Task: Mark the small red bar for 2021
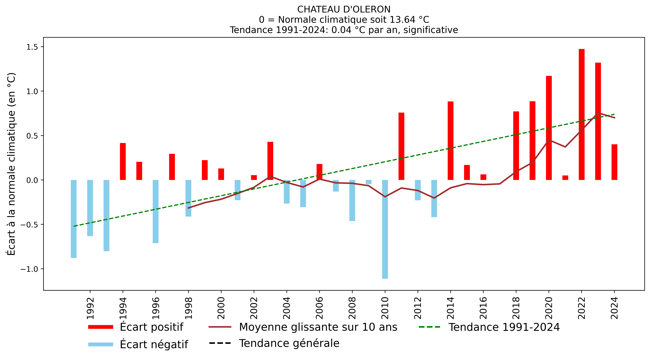tap(565, 178)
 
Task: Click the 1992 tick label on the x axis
tap(90, 308)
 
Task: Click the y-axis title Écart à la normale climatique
tap(11, 164)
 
